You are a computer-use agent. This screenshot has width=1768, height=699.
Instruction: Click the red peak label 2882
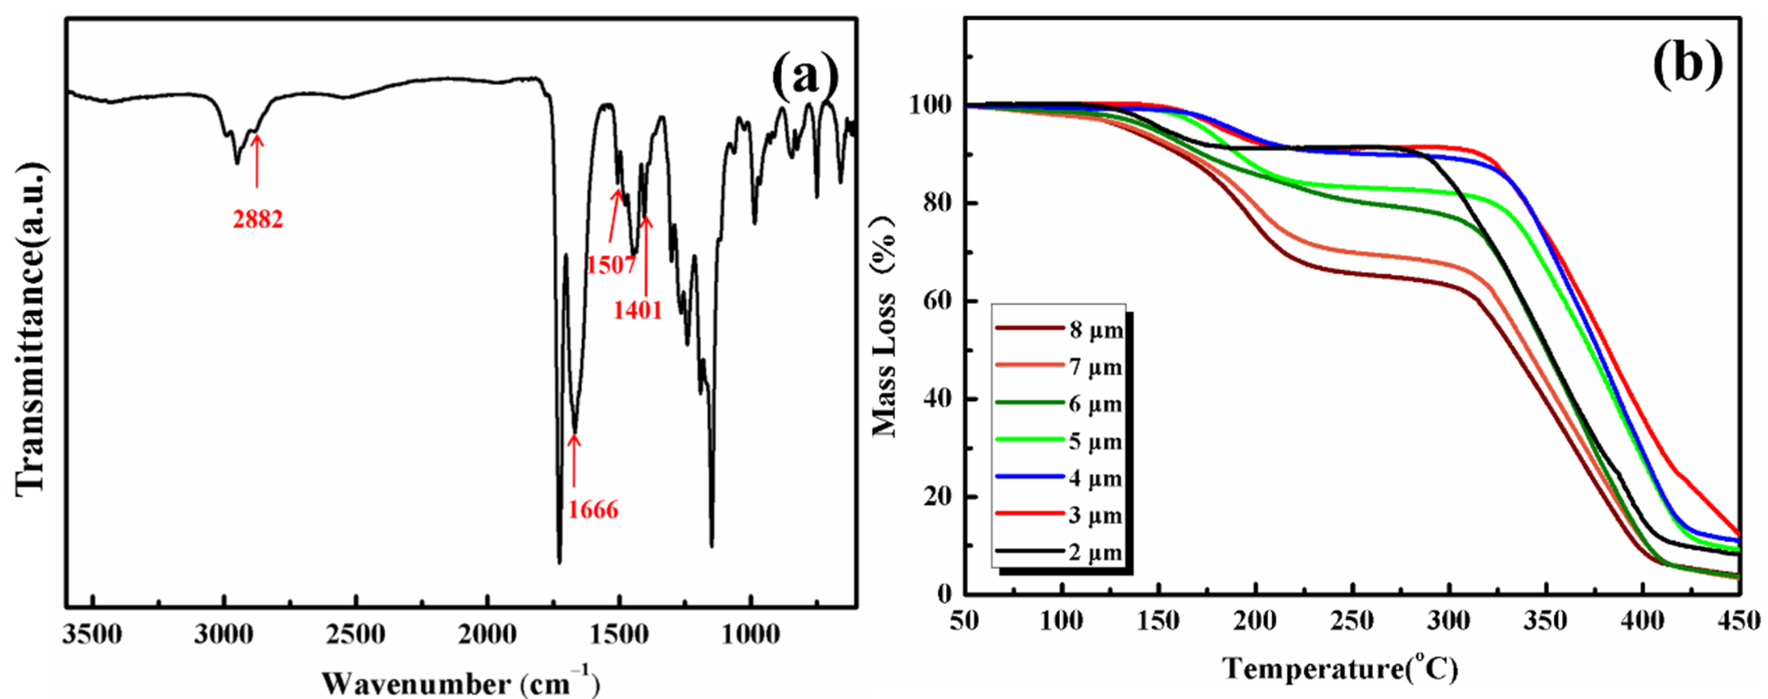tap(257, 219)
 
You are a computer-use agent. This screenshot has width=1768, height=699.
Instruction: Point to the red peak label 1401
tap(637, 310)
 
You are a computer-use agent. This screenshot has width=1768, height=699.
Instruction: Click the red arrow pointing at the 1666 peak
tap(574, 467)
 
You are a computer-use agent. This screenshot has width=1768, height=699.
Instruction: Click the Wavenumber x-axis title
tap(460, 683)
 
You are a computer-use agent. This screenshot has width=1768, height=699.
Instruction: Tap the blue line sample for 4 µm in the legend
tap(1030, 478)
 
